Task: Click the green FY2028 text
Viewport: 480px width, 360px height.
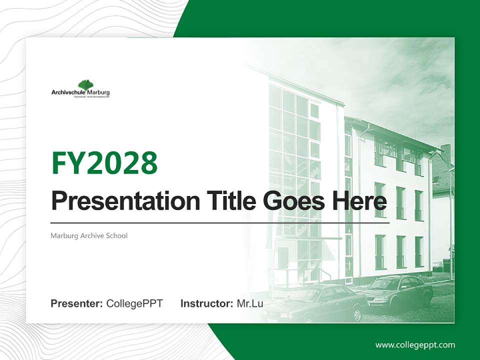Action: tap(104, 163)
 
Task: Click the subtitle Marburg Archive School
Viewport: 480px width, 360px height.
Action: tap(89, 235)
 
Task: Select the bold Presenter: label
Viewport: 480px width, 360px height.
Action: tap(77, 303)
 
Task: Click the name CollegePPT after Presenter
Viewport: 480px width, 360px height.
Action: tap(134, 303)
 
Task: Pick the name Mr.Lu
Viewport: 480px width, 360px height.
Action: tap(249, 303)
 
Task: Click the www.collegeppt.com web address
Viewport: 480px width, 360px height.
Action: tap(415, 344)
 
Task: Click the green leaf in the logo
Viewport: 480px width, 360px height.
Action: tap(85, 85)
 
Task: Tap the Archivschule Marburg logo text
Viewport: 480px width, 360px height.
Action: tap(80, 92)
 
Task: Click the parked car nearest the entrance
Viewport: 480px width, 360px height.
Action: tap(320, 302)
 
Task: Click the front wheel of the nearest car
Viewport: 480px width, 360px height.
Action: tap(357, 313)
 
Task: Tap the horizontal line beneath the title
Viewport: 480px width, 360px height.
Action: tap(220, 223)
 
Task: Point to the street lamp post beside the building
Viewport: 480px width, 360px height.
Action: tap(450, 225)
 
